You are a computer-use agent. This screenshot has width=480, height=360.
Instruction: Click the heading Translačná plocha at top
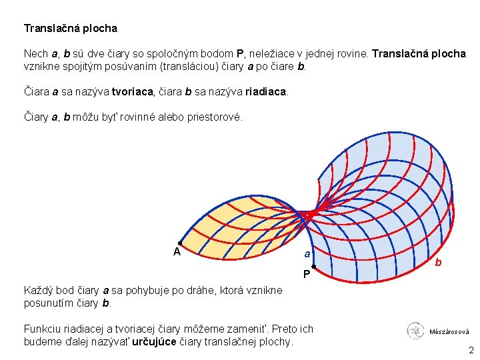(x=70, y=29)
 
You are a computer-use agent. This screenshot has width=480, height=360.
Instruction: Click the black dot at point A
(x=179, y=243)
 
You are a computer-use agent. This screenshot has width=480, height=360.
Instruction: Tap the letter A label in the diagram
(x=177, y=252)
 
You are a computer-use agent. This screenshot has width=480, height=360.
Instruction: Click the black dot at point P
(x=313, y=267)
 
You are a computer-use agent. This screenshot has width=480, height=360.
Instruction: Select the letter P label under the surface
(x=305, y=275)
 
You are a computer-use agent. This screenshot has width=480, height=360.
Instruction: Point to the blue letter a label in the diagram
(x=307, y=253)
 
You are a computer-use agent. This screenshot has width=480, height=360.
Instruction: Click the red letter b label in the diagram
(x=438, y=263)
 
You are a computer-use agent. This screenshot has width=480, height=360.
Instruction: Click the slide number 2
(x=471, y=351)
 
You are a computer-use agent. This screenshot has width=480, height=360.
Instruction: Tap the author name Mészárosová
(x=449, y=331)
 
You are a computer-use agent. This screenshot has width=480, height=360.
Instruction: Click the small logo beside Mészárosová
(x=415, y=330)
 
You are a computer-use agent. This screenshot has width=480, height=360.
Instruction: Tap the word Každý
(x=39, y=291)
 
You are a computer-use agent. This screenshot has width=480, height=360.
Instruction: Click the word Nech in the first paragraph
(x=35, y=54)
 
